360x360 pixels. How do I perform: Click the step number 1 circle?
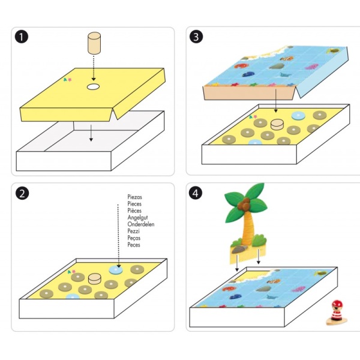pyautogui.click(x=22, y=37)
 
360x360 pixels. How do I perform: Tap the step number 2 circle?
pyautogui.click(x=22, y=193)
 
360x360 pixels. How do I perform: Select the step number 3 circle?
pyautogui.click(x=196, y=37)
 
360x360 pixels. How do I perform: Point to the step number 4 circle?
pyautogui.click(x=196, y=193)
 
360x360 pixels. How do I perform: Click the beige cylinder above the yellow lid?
pyautogui.click(x=94, y=43)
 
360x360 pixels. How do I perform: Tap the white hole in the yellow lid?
pyautogui.click(x=93, y=87)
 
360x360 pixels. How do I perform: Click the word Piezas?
pyautogui.click(x=135, y=197)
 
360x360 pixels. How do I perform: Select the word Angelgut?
pyautogui.click(x=137, y=217)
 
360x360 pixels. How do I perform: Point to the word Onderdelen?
pyautogui.click(x=141, y=224)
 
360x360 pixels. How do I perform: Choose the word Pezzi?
pyautogui.click(x=133, y=231)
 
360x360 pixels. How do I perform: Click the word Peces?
pyautogui.click(x=134, y=245)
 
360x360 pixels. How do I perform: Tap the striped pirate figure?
pyautogui.click(x=337, y=313)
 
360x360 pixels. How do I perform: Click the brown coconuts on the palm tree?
pyautogui.click(x=244, y=204)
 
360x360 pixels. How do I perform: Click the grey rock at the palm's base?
pyautogui.click(x=239, y=249)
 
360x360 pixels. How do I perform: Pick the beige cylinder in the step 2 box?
pyautogui.click(x=95, y=278)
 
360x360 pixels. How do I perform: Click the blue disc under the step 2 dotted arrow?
pyautogui.click(x=115, y=270)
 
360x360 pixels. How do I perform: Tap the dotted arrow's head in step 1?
pyautogui.click(x=94, y=79)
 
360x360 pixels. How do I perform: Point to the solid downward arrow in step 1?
pyautogui.click(x=91, y=133)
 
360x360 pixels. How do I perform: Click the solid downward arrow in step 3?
pyautogui.click(x=276, y=101)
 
